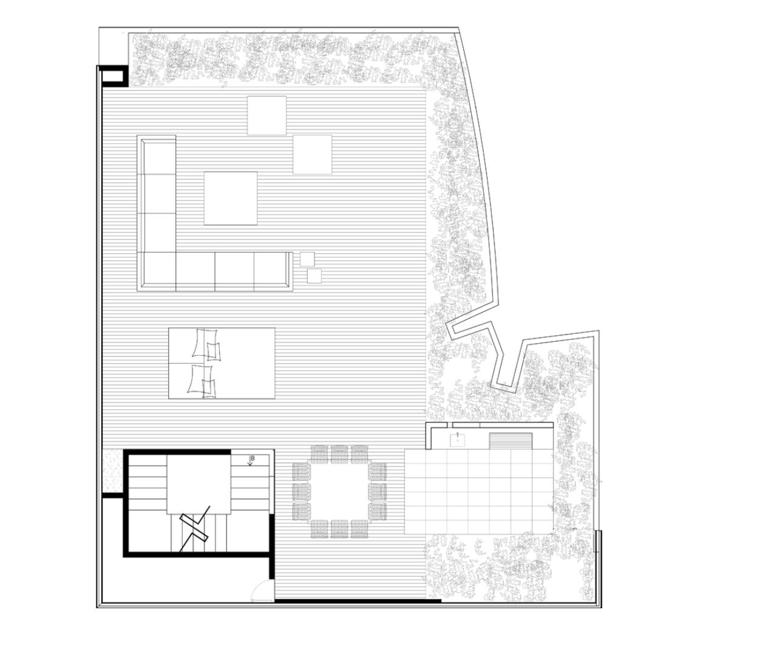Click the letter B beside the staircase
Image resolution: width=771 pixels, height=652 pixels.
(252, 457)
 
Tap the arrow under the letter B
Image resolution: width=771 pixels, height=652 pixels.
(251, 464)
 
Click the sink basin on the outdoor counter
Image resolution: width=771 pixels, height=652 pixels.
(458, 439)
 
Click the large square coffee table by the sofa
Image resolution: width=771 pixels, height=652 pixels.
(230, 198)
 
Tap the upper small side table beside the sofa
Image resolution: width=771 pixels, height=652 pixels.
(307, 259)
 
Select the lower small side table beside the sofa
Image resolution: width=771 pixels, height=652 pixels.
(314, 276)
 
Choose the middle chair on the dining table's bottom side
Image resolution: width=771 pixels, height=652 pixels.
(339, 529)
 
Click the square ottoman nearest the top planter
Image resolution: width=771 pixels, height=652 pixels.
(267, 115)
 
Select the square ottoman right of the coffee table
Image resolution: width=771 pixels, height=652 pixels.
(313, 154)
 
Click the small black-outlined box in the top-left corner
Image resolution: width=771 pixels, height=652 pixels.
(112, 76)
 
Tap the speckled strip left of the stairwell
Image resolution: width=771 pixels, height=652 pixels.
(112, 471)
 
